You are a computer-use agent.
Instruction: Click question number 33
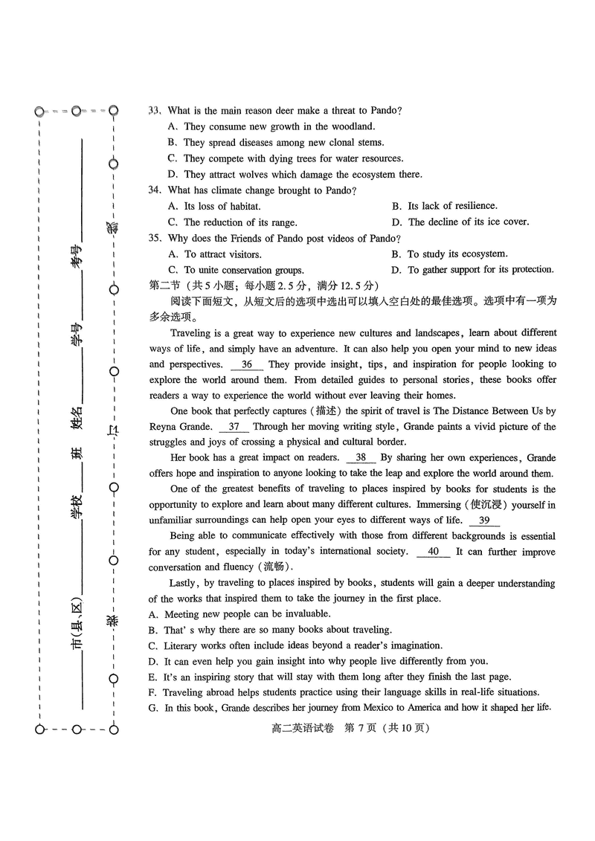pyautogui.click(x=155, y=111)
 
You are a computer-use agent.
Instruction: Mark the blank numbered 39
pyautogui.click(x=484, y=521)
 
